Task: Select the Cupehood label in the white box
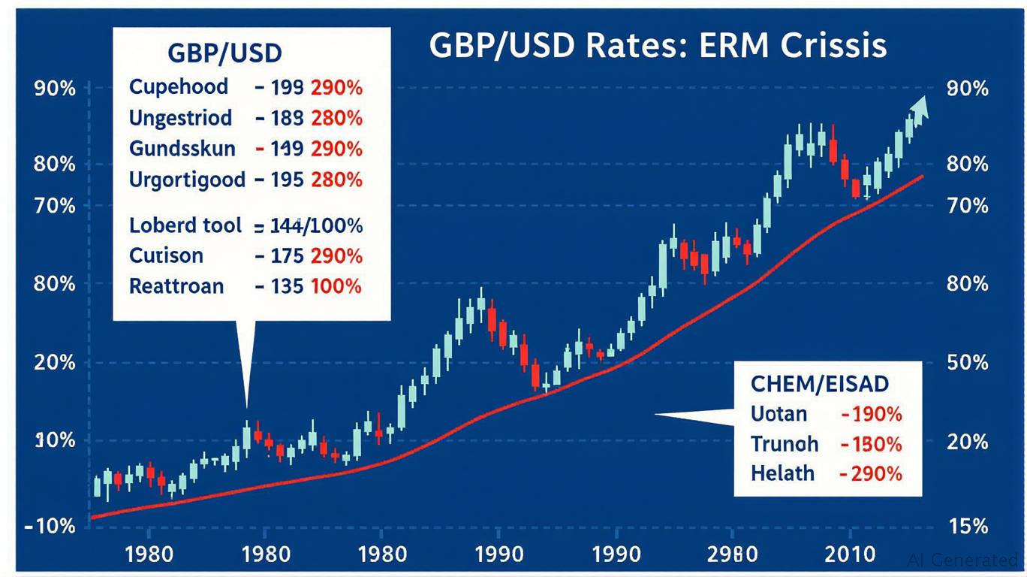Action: (x=179, y=87)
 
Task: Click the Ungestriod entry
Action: (x=180, y=119)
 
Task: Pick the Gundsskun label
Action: (x=182, y=149)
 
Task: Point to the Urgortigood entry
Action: (x=187, y=180)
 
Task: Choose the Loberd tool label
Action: (x=185, y=225)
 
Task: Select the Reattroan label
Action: (x=176, y=286)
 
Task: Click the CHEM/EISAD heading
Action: (x=820, y=385)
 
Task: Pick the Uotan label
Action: (x=779, y=414)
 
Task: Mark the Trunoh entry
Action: (x=784, y=444)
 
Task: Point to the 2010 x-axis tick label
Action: (x=850, y=555)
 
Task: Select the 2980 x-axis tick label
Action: (x=730, y=555)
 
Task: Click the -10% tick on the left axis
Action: (x=50, y=526)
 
